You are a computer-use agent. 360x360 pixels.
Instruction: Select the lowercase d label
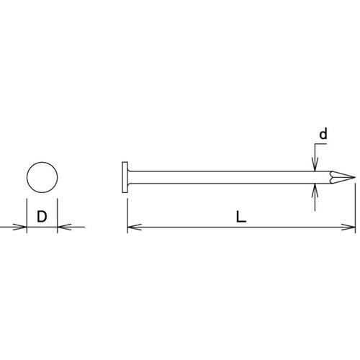pos(323,134)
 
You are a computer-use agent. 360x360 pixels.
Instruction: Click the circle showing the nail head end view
pos(42,176)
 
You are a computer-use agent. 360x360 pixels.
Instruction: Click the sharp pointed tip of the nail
pos(352,176)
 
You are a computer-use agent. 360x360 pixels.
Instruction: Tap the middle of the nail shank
pos(223,176)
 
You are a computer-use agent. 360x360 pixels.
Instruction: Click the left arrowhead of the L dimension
pos(132,228)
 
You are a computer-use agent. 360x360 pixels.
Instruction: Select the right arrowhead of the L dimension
pos(351,228)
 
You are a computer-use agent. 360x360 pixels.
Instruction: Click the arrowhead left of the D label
pos(22,228)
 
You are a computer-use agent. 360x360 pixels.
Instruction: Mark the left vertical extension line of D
pos(27,213)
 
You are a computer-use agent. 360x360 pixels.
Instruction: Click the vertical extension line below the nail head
pos(127,209)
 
